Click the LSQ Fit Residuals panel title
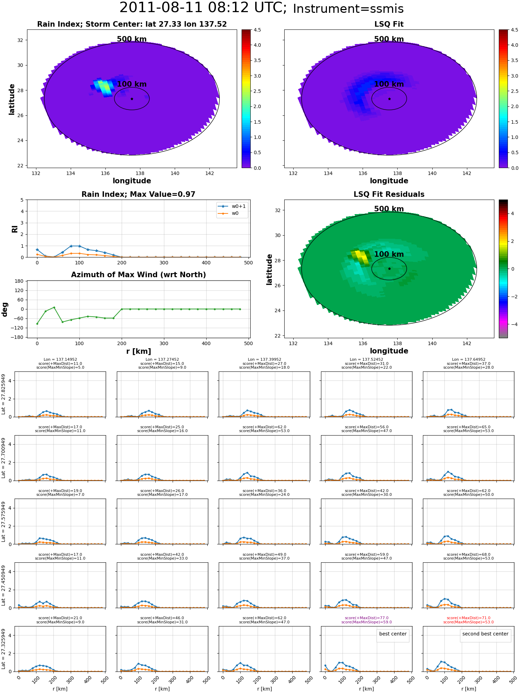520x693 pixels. pos(389,194)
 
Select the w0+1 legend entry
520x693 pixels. pos(232,206)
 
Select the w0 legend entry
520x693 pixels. pos(228,213)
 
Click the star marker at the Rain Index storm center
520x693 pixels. pos(132,99)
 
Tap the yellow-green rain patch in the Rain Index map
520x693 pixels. pos(104,86)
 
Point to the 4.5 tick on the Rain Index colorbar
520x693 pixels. pos(257,30)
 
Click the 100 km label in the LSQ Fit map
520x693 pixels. pos(389,84)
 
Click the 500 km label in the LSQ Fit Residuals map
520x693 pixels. pos(389,209)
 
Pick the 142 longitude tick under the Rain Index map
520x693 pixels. pos(209,173)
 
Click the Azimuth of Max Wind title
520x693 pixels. pos(139,275)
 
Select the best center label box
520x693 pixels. pos(393,634)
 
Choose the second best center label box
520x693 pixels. pos(485,634)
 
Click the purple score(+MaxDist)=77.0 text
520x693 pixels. pos(367,618)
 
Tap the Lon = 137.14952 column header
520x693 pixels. pos(60,360)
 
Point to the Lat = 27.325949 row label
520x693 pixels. pos(3,649)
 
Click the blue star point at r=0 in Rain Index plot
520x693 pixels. pos(37,250)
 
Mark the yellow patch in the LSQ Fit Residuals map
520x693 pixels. pos(361,256)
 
